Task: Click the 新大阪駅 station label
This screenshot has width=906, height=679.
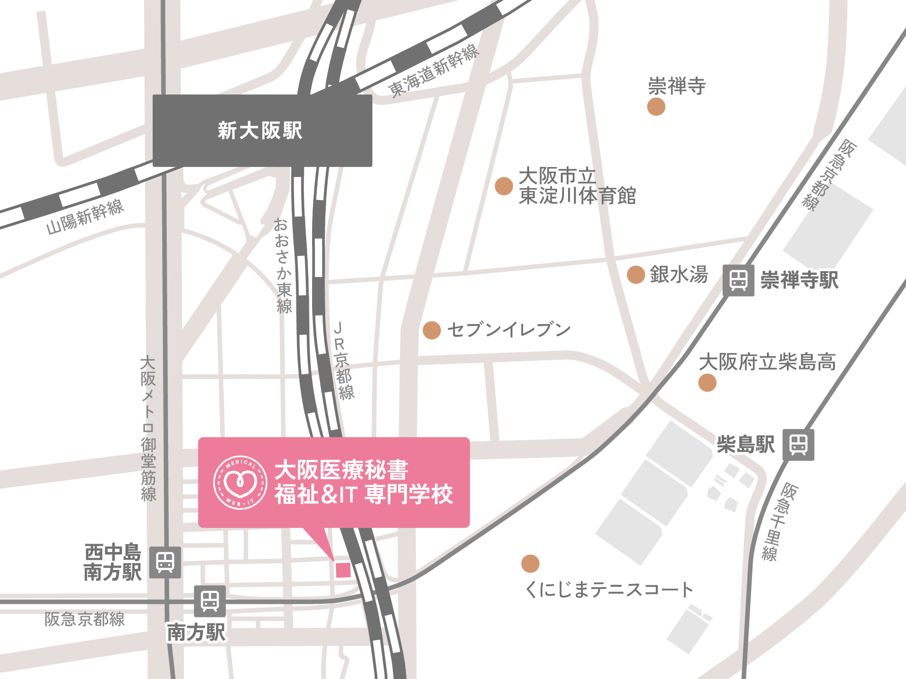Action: tap(260, 130)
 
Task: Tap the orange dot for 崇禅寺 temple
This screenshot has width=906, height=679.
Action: tap(656, 107)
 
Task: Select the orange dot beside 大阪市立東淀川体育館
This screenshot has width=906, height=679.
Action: tap(504, 186)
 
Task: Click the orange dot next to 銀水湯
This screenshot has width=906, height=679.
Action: tap(636, 275)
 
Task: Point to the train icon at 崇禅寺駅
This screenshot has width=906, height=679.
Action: tap(738, 280)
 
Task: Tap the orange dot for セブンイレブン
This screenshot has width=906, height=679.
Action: tap(432, 330)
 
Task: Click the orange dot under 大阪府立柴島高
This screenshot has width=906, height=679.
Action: tap(707, 383)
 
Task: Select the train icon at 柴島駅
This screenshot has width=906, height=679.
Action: tap(798, 445)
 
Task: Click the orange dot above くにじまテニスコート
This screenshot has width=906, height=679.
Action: tap(530, 564)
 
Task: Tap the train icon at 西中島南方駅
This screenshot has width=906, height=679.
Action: tap(165, 562)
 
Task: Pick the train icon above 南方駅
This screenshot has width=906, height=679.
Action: tap(210, 601)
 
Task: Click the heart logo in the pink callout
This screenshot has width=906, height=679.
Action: tap(241, 483)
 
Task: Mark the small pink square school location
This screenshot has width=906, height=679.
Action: tap(343, 570)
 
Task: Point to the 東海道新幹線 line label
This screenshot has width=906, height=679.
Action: tap(434, 71)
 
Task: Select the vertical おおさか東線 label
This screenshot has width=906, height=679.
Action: tap(283, 266)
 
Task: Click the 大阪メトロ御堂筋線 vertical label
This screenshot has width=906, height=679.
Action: tap(148, 428)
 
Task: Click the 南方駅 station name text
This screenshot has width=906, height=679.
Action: tap(196, 632)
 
